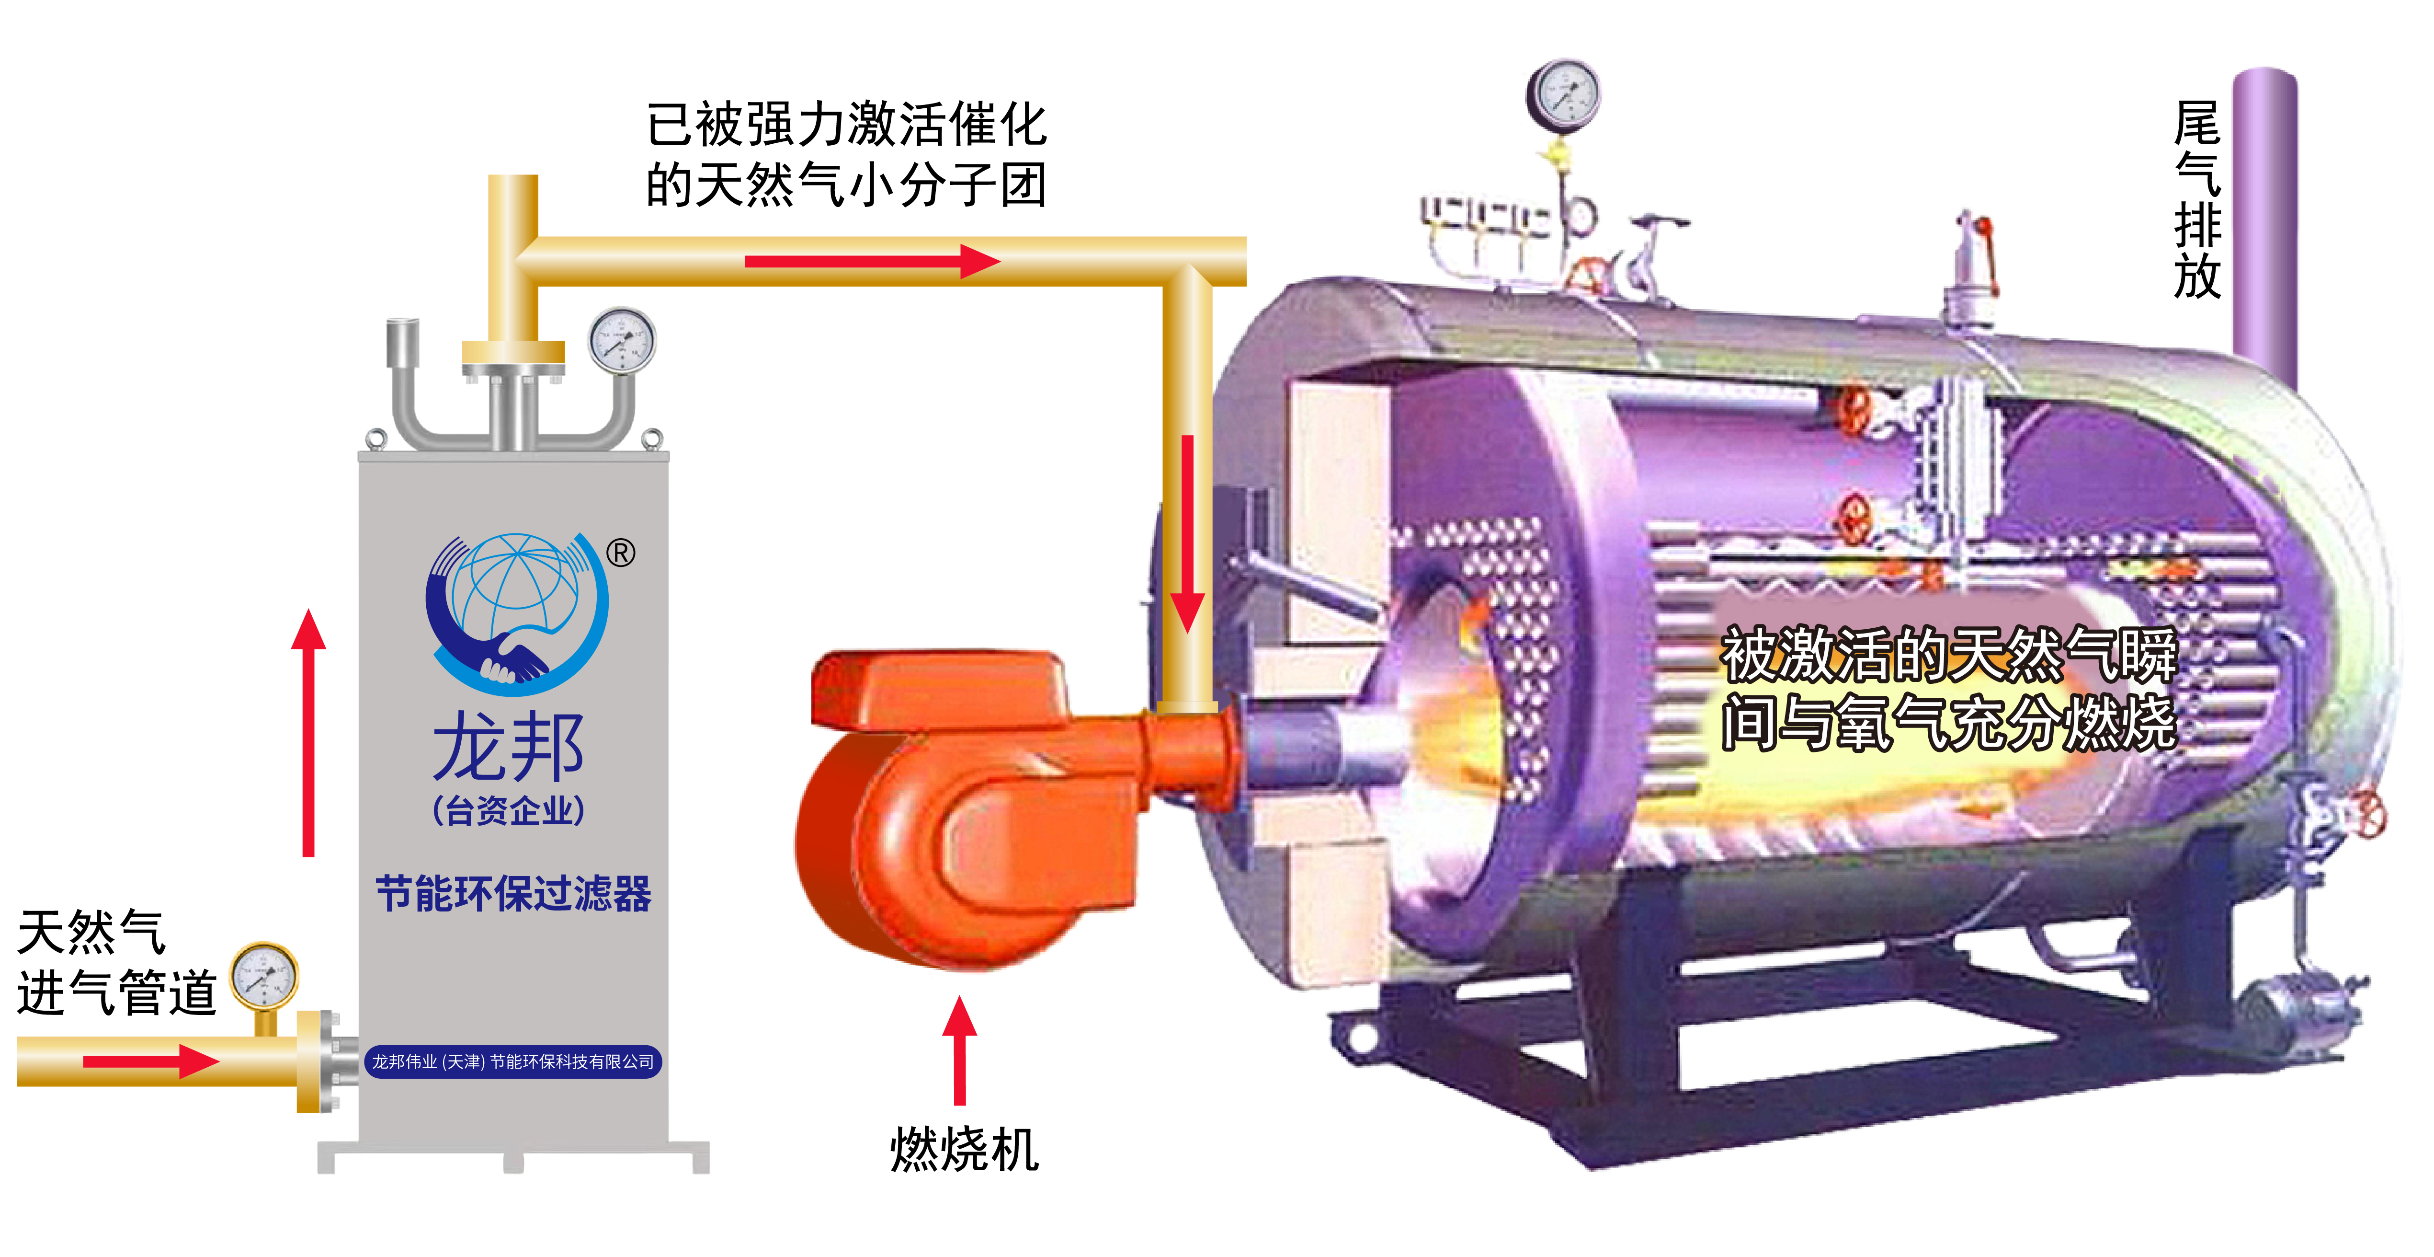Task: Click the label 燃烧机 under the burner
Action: point(964,1149)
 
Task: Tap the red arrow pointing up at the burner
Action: point(960,1049)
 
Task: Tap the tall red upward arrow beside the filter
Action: point(308,732)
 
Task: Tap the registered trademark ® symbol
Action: point(621,553)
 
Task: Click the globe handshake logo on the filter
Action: point(515,610)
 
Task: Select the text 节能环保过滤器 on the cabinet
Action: point(513,893)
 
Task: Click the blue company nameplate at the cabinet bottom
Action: point(513,1061)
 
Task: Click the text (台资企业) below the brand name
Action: point(508,811)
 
